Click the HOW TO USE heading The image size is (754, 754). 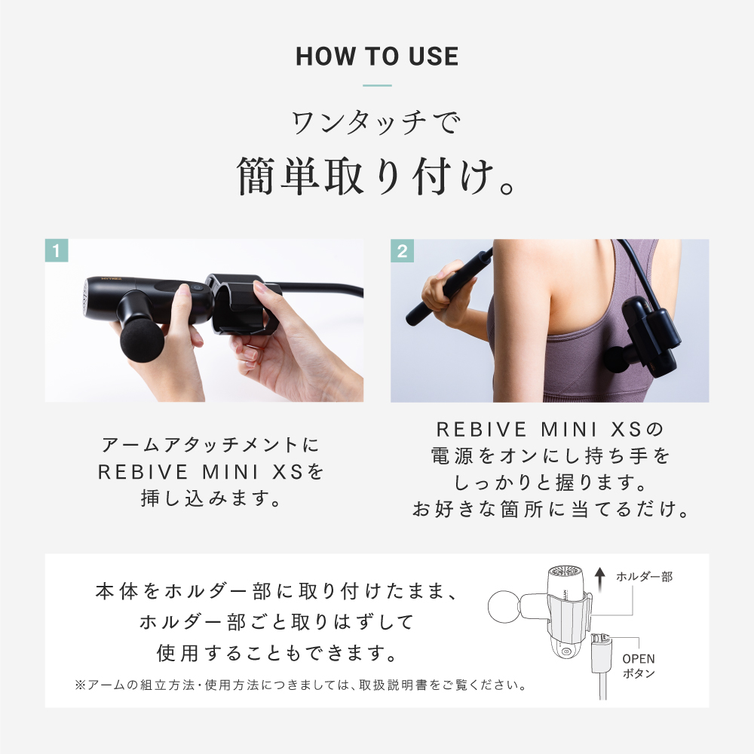(x=377, y=57)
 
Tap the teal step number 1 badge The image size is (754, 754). (x=57, y=251)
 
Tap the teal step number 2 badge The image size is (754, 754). (x=402, y=251)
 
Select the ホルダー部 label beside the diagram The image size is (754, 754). (x=644, y=577)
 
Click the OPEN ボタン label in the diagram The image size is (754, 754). (x=638, y=666)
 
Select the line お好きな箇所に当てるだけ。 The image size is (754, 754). (x=550, y=510)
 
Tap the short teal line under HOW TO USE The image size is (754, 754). (x=377, y=85)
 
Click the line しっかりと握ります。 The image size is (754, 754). (x=550, y=482)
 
